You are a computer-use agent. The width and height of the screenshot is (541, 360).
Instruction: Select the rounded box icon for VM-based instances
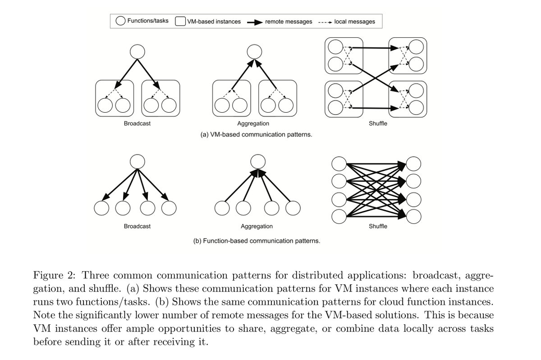click(x=181, y=21)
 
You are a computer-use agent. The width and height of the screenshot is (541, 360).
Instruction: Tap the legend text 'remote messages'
click(x=289, y=21)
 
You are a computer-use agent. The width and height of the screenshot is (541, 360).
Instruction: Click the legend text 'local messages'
click(x=354, y=21)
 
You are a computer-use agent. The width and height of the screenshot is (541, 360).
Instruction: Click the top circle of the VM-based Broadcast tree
click(x=137, y=51)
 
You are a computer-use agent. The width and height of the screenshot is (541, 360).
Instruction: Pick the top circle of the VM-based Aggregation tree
click(x=256, y=51)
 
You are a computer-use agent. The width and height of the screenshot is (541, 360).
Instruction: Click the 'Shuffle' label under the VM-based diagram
click(x=378, y=123)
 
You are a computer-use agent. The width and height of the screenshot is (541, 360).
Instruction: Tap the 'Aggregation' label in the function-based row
click(x=256, y=226)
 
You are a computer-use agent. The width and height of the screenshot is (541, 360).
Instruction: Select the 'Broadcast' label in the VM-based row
click(x=137, y=123)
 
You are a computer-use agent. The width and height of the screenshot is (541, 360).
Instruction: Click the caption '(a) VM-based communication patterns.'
click(x=256, y=134)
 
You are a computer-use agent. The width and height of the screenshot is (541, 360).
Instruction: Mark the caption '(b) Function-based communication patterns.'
click(x=256, y=241)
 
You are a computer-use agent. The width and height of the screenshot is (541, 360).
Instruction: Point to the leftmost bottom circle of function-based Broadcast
click(x=101, y=209)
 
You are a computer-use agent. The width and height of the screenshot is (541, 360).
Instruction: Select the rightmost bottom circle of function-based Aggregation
click(x=293, y=209)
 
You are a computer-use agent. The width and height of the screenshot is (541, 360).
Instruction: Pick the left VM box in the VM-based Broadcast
click(x=114, y=97)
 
